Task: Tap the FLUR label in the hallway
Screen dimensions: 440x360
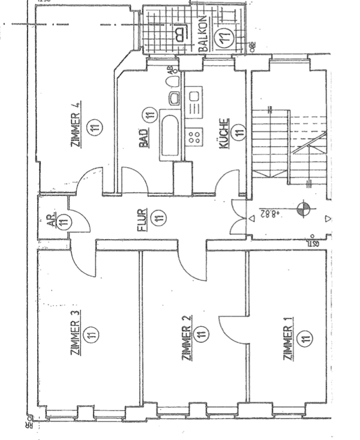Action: click(142, 221)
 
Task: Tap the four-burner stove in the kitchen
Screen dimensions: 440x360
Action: click(196, 136)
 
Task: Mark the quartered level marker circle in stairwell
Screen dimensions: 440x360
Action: click(304, 209)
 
